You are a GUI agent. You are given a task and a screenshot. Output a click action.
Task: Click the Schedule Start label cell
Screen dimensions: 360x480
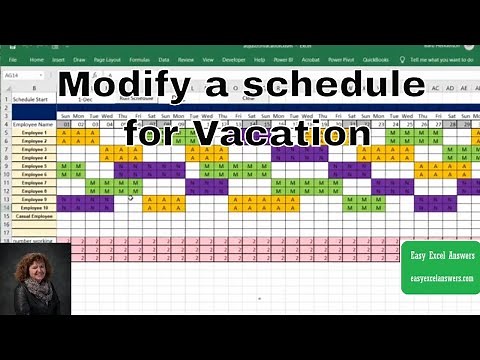[31, 101]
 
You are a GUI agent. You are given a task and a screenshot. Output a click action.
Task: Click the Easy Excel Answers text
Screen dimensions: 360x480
[439, 256]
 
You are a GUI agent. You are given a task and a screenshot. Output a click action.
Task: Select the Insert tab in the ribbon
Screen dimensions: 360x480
[59, 59]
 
